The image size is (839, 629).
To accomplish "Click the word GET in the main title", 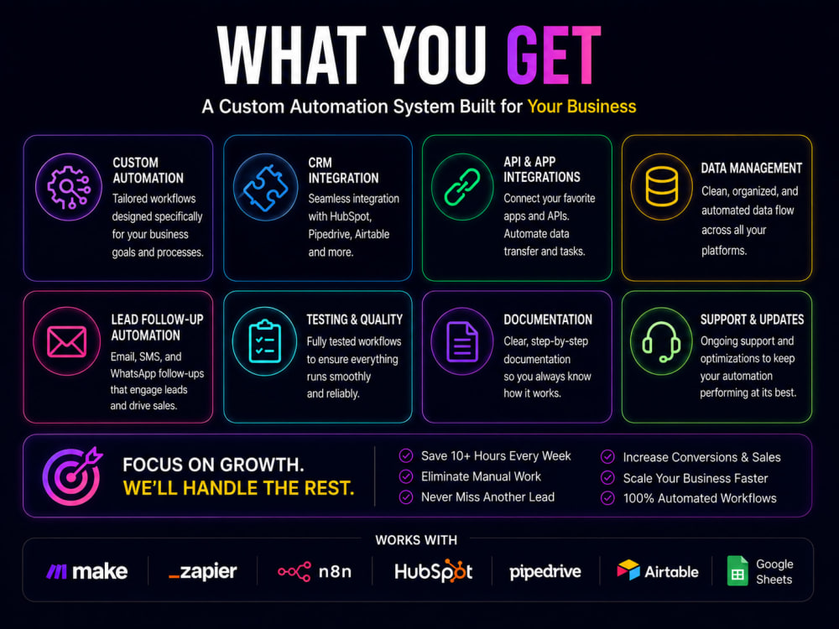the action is (553, 55).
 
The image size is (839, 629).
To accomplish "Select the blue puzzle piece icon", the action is (265, 187).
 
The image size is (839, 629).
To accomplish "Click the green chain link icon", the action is (462, 187).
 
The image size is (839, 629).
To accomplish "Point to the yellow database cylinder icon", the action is (661, 186).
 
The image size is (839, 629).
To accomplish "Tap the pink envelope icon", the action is (67, 342).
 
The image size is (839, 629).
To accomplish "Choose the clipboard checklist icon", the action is (265, 341).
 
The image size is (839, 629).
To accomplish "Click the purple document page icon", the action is (462, 341).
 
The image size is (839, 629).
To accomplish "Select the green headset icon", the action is (661, 342).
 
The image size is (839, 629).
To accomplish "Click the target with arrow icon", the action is (72, 476).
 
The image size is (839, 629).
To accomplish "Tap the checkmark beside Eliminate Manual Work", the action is (406, 476).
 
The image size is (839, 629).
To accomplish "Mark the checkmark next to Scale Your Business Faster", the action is (607, 478).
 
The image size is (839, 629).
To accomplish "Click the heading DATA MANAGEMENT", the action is (751, 168).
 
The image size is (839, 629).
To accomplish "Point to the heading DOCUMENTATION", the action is (548, 320).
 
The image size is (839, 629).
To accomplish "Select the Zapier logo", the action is (202, 571).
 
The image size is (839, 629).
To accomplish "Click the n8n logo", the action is (315, 572).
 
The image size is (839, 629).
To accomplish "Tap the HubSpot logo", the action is (434, 571).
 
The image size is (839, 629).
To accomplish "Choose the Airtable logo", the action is (658, 571).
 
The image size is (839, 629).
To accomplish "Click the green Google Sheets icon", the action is (737, 570).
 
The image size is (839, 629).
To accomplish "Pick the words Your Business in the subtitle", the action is (581, 107).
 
